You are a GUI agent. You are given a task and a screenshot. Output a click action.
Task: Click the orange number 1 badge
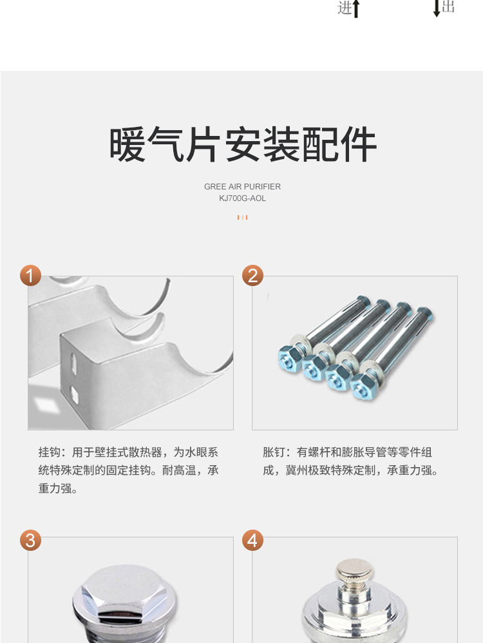coord(31,275)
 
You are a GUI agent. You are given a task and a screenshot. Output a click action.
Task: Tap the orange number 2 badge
coord(252,275)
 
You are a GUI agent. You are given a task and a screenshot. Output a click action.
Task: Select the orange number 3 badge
coord(31,540)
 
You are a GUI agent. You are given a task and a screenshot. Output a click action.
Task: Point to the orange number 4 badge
coord(252,540)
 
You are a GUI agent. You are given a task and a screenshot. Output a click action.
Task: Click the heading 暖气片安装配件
coord(242,144)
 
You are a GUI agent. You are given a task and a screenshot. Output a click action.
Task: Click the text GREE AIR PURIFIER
coord(242,187)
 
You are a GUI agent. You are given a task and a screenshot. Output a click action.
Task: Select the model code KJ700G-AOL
coord(242,198)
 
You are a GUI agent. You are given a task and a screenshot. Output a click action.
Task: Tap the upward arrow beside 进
coord(356,9)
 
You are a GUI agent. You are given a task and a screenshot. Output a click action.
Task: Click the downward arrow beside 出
coord(437,8)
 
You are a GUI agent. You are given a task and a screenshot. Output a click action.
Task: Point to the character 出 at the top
coord(448,6)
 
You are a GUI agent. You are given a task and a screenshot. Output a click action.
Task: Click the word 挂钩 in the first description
coord(50,452)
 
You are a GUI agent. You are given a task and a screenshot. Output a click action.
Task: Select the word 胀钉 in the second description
coord(274,452)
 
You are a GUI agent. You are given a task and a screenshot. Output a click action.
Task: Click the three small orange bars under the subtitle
coord(242,217)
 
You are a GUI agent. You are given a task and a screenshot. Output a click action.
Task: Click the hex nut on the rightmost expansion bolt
coord(362,387)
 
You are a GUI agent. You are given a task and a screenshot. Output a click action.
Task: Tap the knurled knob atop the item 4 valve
coord(355,570)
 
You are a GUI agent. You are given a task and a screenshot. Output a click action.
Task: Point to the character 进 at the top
coord(345,8)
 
